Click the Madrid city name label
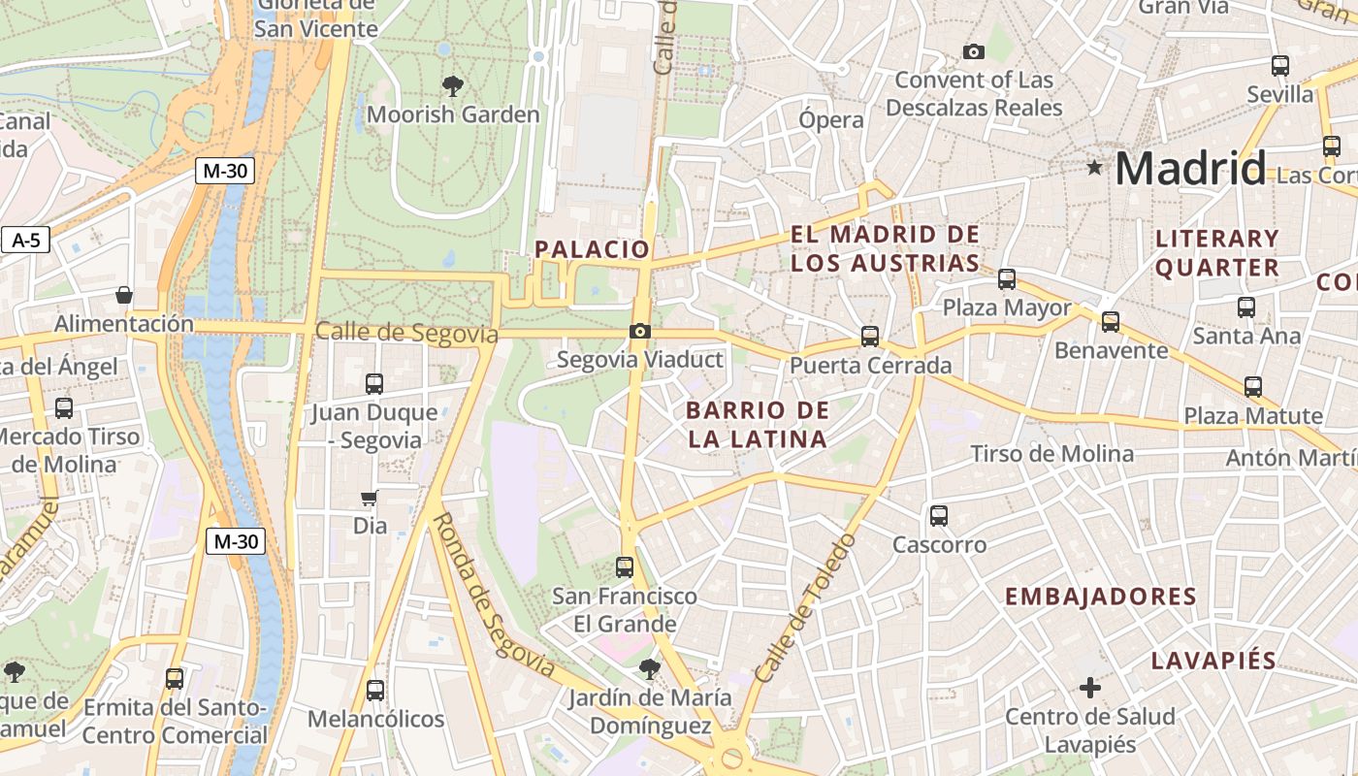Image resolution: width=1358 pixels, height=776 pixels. tap(1190, 169)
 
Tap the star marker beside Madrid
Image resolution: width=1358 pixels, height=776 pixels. tap(1095, 168)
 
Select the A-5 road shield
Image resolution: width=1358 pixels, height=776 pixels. tap(25, 240)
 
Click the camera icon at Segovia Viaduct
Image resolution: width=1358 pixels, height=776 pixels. tap(639, 332)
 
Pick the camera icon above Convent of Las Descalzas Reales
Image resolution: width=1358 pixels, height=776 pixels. tap(973, 51)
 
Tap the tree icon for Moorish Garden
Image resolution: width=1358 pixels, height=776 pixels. tap(452, 86)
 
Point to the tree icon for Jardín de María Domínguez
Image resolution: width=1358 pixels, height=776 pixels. tap(649, 668)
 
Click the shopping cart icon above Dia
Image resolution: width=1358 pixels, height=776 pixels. tap(369, 499)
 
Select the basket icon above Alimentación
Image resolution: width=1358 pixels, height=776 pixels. tap(123, 295)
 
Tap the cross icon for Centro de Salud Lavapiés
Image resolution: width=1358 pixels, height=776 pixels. tap(1090, 688)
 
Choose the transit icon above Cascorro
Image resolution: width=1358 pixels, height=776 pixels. tap(938, 516)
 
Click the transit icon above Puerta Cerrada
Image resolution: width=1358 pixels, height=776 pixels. tap(870, 337)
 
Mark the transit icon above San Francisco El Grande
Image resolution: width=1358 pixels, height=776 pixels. tap(625, 567)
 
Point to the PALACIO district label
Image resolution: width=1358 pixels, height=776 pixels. tap(592, 249)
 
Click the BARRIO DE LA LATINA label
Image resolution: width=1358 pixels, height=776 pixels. tap(758, 425)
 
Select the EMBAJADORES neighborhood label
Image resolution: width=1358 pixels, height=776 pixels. tap(1100, 597)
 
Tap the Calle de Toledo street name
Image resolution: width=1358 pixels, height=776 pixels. tap(807, 607)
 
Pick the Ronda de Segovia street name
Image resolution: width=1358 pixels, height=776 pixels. tap(492, 596)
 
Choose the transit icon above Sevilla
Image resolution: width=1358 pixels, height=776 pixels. tap(1280, 66)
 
